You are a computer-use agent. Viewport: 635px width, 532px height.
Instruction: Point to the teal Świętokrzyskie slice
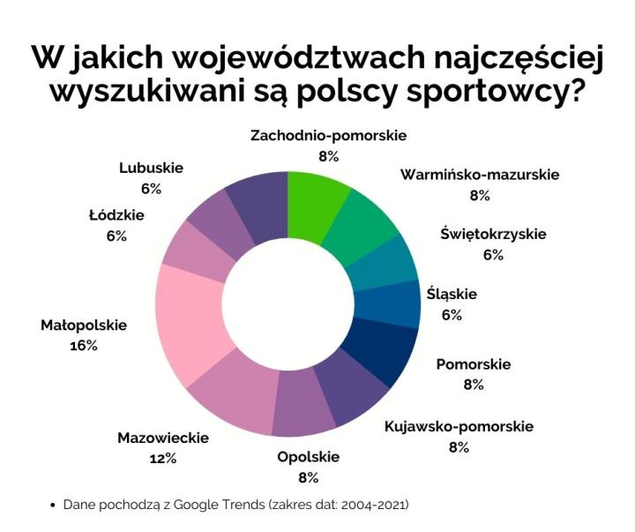pyautogui.click(x=388, y=258)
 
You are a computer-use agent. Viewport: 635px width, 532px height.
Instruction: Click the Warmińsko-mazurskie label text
pyautogui.click(x=480, y=175)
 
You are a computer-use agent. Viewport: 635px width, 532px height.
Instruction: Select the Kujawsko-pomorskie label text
pyautogui.click(x=459, y=427)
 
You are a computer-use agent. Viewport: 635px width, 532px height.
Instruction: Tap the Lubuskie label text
pyautogui.click(x=150, y=169)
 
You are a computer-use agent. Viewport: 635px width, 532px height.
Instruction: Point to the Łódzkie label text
pyautogui.click(x=116, y=215)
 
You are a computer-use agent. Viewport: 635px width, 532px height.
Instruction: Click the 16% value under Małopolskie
pyautogui.click(x=84, y=345)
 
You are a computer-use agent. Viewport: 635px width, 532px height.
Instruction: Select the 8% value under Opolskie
pyautogui.click(x=308, y=477)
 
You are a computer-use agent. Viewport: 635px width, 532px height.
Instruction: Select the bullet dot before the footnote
pyautogui.click(x=55, y=506)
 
